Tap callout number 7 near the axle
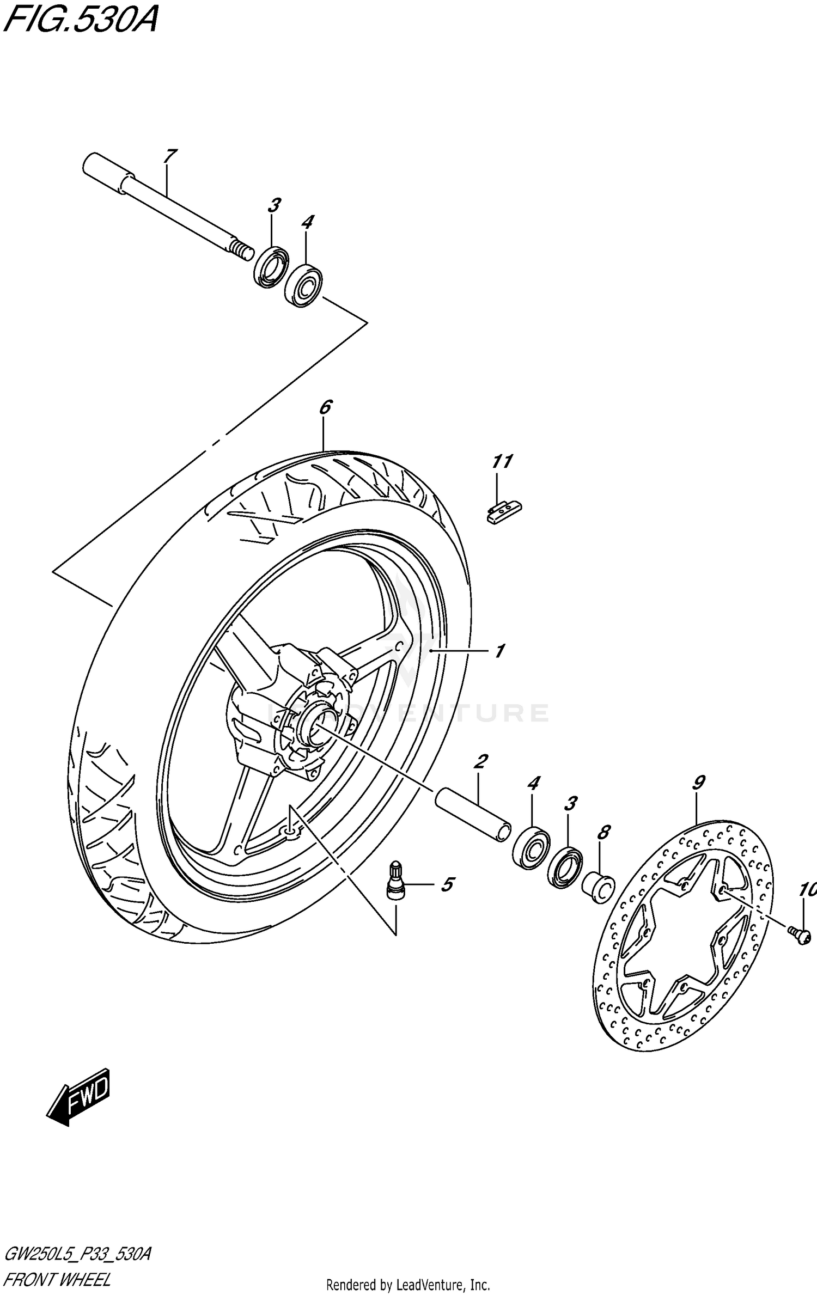[x=169, y=156]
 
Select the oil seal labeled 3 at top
[x=272, y=267]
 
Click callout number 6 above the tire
[x=325, y=407]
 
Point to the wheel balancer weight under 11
[x=504, y=512]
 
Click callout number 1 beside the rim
[x=499, y=651]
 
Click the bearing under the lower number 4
[x=532, y=847]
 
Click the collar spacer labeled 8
[x=599, y=888]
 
